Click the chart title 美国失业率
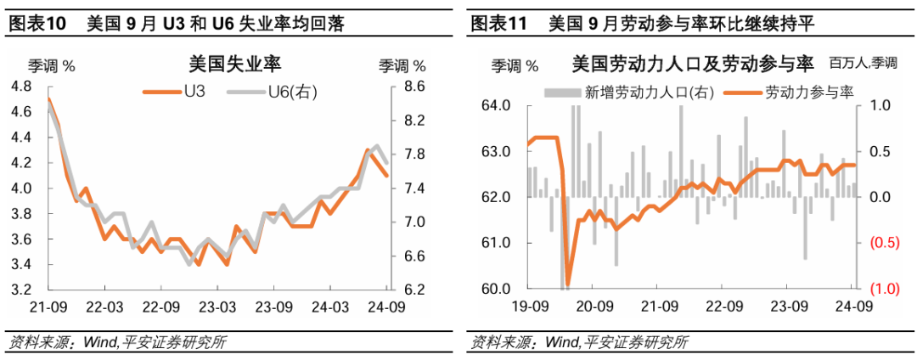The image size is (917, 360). coord(234,65)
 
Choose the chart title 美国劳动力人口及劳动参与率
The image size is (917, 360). coord(692,64)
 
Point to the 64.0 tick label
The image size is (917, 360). coord(496,106)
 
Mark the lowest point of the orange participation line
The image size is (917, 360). coord(567,285)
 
